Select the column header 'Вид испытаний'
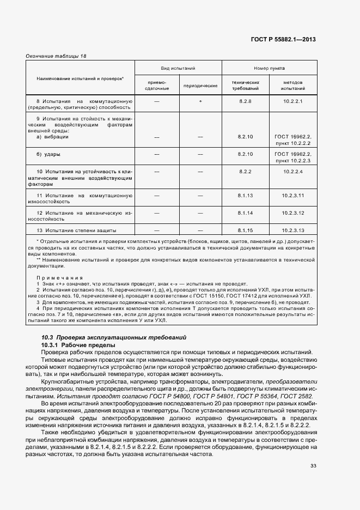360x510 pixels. coord(178,68)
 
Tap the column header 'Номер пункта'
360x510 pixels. coord(269,68)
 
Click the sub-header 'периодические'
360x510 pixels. coord(200,86)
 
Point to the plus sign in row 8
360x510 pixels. coord(200,101)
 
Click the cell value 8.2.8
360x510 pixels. coord(246,101)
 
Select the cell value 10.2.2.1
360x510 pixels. coord(292,101)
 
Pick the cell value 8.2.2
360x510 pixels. coord(246,172)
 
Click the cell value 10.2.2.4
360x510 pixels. coord(292,172)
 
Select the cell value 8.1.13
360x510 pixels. coord(246,195)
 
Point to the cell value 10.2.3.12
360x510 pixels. coord(292,212)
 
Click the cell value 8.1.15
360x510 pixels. coord(246,230)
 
